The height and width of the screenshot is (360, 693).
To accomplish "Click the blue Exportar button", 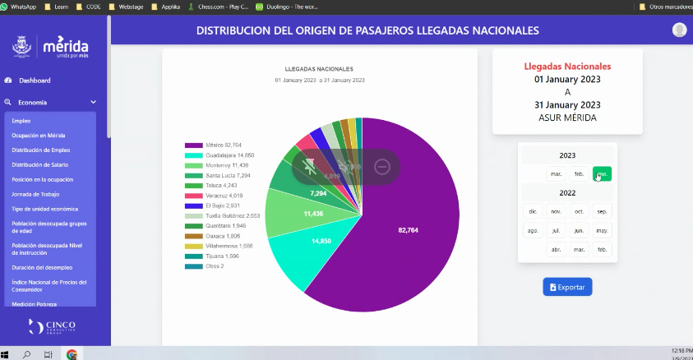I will click(567, 287).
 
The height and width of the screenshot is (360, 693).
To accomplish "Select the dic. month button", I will click(533, 211).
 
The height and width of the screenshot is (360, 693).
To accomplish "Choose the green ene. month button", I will click(603, 174).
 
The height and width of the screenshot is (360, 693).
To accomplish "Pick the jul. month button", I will click(556, 231).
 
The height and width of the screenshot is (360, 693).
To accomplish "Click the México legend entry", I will click(214, 145).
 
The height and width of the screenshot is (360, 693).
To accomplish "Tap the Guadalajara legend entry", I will click(219, 155).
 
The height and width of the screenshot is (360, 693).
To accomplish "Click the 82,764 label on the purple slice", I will click(409, 229).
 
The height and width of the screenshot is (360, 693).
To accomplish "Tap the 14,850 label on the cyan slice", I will click(321, 242).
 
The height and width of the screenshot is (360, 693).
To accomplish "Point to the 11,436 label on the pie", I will click(313, 213).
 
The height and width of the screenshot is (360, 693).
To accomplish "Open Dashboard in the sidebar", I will click(35, 81).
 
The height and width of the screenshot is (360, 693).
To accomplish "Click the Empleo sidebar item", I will click(21, 121).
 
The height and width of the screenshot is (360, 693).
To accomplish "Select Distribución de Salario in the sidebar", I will click(39, 164).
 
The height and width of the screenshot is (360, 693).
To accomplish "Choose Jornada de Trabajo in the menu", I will click(36, 194).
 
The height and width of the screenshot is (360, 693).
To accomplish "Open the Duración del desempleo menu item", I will click(42, 267).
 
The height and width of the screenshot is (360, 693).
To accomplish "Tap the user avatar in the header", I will click(679, 30).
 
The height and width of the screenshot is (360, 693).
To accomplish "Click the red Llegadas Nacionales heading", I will click(567, 66).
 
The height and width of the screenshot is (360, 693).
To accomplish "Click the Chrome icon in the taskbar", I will click(72, 354).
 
